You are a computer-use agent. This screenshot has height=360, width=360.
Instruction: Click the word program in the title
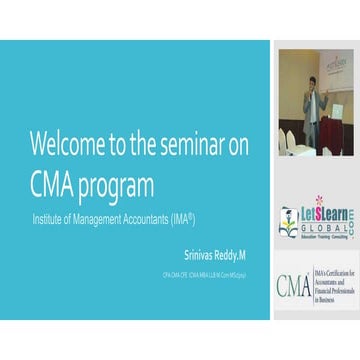pos(118,187)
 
